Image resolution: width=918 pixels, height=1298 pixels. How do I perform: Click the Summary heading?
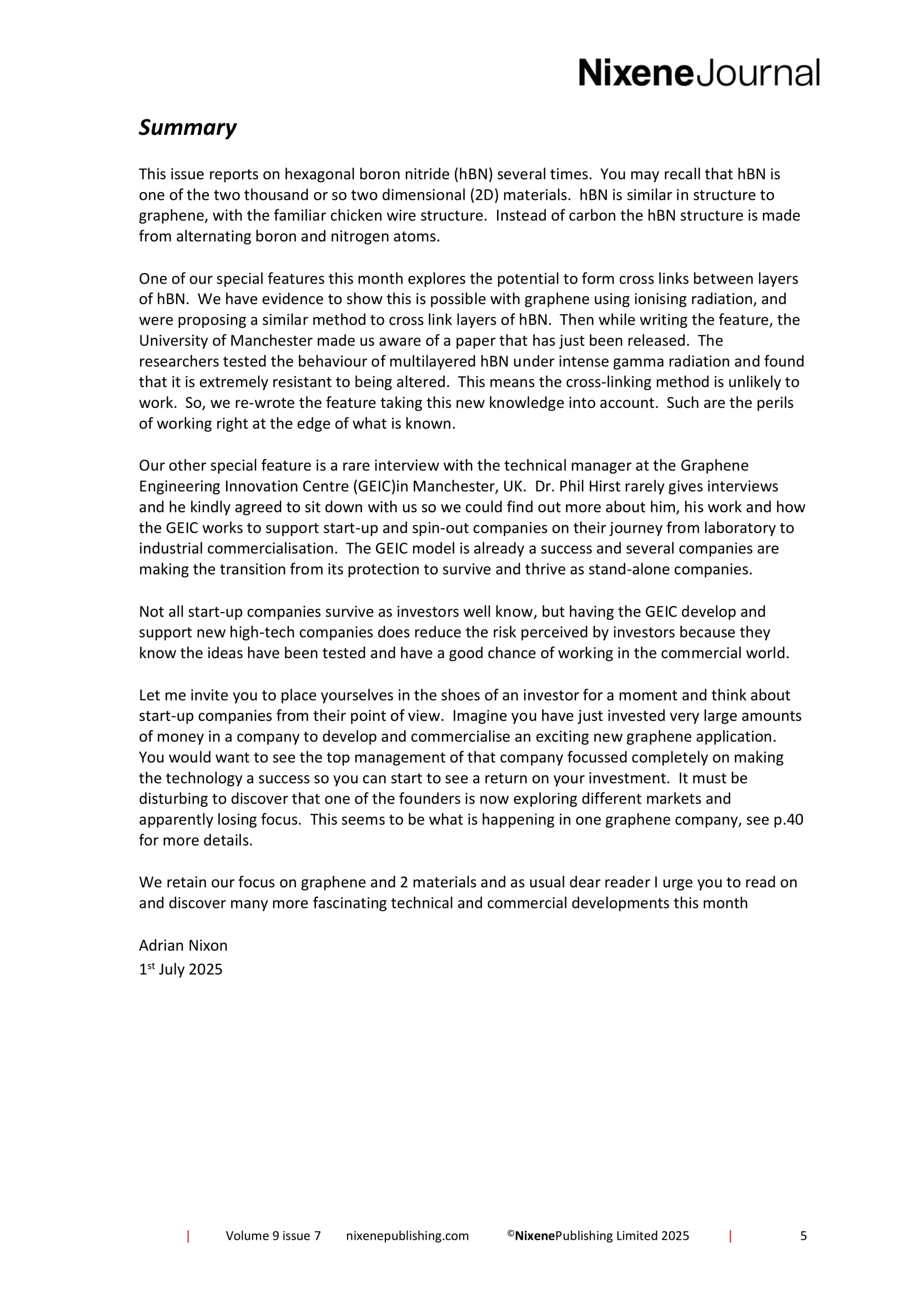[187, 128]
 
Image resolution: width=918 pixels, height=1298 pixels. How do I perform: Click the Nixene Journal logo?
[699, 73]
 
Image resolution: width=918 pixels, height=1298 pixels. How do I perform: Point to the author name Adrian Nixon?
[183, 945]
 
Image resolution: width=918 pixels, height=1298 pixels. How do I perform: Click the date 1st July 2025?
[181, 969]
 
